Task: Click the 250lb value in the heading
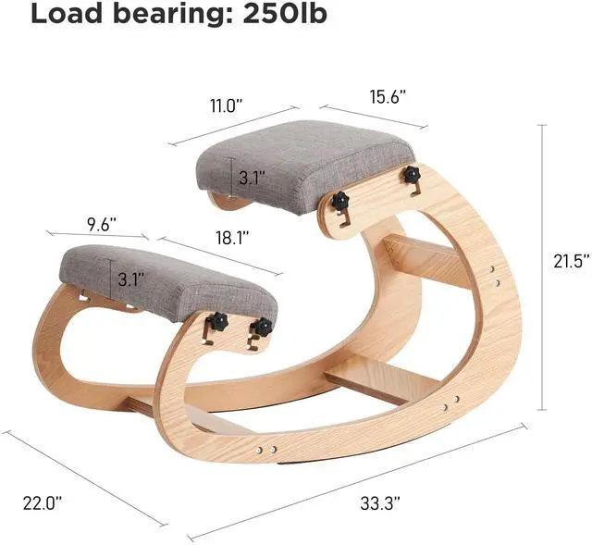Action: [x=285, y=14]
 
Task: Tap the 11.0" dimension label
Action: [x=226, y=105]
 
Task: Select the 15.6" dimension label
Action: [x=388, y=96]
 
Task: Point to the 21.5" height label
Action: [x=572, y=261]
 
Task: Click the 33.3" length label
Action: [x=380, y=503]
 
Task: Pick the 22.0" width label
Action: [x=43, y=503]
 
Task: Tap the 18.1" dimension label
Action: [x=232, y=238]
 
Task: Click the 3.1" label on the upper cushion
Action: [x=252, y=178]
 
